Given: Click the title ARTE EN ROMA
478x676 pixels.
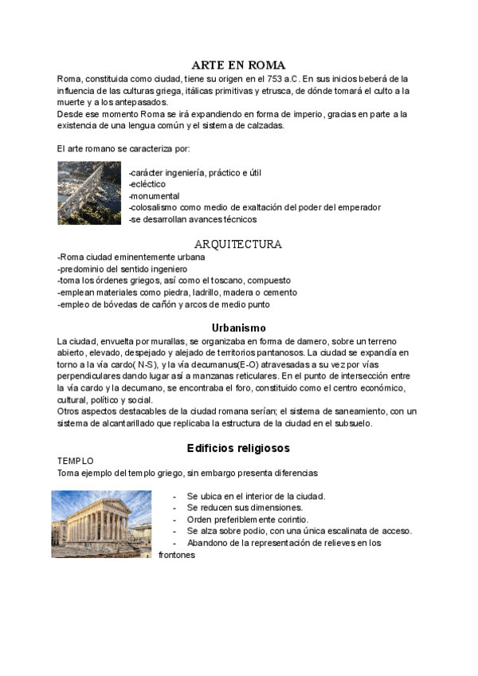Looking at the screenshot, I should coord(238,65).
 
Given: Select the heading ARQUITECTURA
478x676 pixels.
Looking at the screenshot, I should coord(238,244).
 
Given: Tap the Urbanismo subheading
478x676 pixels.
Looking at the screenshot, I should coord(238,327).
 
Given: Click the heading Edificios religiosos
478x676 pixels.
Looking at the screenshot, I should coord(238,448).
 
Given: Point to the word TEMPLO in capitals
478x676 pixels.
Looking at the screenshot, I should coord(76,461).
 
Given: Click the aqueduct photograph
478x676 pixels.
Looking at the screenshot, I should coord(88,192).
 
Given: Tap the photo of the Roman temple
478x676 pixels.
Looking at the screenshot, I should coord(102,524).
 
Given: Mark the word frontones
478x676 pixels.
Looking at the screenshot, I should coord(178,555).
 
